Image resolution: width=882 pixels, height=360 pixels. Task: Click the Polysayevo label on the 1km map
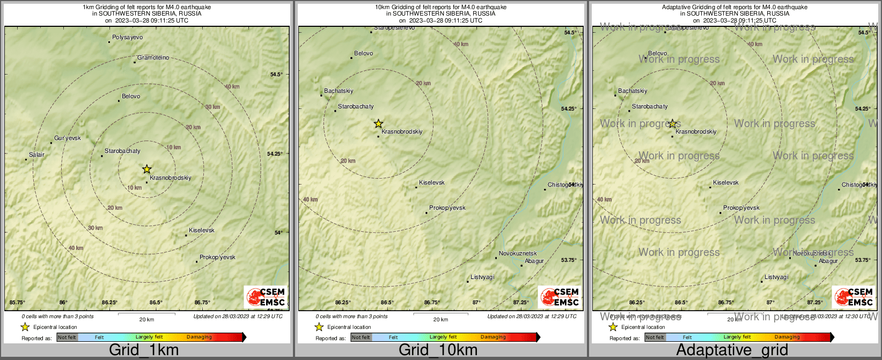pyautogui.click(x=127, y=38)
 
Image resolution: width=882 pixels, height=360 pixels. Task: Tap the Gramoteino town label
pyautogui.click(x=153, y=58)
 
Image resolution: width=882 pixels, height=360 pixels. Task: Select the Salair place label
pyautogui.click(x=36, y=155)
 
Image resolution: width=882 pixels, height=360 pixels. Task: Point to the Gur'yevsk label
pyautogui.click(x=68, y=138)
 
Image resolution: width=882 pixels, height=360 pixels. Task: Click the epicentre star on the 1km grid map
pyautogui.click(x=147, y=170)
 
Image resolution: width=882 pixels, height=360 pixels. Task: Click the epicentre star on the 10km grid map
pyautogui.click(x=379, y=124)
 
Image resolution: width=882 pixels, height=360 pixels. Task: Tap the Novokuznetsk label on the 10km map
pyautogui.click(x=518, y=254)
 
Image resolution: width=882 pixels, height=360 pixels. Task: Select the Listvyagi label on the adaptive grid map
pyautogui.click(x=776, y=277)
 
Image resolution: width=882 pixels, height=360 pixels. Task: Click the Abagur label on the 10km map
pyautogui.click(x=534, y=261)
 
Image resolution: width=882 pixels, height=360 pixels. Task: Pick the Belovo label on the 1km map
pyautogui.click(x=131, y=97)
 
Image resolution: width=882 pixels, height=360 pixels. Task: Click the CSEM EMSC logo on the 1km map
pyautogui.click(x=266, y=297)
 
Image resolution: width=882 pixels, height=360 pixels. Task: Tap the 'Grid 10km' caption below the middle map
pyautogui.click(x=438, y=350)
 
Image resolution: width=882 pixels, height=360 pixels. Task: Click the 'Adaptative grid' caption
pyautogui.click(x=732, y=350)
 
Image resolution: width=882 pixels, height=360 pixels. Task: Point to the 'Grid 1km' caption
pyautogui.click(x=144, y=350)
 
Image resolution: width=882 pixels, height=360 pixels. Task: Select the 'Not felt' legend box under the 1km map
pyautogui.click(x=67, y=337)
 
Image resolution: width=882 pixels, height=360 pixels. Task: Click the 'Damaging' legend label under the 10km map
pyautogui.click(x=493, y=337)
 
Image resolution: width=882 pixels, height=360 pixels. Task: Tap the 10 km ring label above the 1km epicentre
pyautogui.click(x=173, y=148)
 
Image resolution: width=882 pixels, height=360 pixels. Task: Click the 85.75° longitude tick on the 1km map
pyautogui.click(x=18, y=303)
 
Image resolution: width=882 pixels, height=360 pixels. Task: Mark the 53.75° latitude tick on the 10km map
pyautogui.click(x=569, y=260)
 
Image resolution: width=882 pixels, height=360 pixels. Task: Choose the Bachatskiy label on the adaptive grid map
pyautogui.click(x=633, y=91)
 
